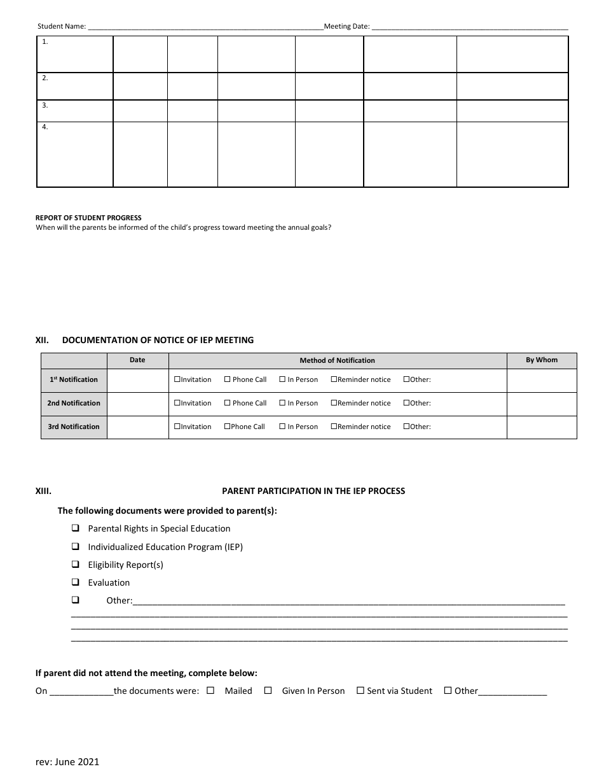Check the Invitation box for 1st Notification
coord(177,380)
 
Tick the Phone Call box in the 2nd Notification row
coord(227,404)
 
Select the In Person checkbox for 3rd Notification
coord(282,427)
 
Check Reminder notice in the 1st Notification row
coord(334,380)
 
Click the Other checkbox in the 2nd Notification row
coord(406,404)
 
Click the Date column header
coord(137,360)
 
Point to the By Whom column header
coord(541,360)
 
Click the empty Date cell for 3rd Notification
coord(137,427)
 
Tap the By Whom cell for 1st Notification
coord(541,380)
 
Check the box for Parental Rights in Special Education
coord(75,528)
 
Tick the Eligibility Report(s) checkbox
coord(75,565)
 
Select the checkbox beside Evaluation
coord(75,582)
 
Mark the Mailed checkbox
coord(210,691)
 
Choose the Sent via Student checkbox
coord(360,691)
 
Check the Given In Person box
coord(268,691)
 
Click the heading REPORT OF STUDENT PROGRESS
coord(88,218)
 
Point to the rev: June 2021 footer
coord(67,762)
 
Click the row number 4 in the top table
coord(45,127)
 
